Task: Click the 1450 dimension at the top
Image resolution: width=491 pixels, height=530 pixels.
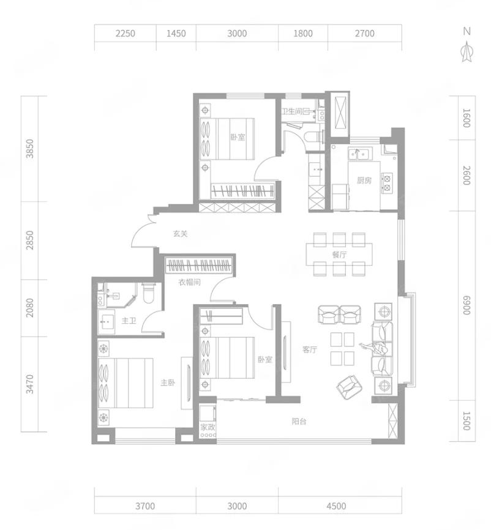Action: pos(176,34)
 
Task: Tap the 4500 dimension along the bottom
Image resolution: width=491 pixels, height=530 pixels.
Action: pos(337,506)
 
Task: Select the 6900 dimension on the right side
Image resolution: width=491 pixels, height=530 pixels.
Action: pos(467,305)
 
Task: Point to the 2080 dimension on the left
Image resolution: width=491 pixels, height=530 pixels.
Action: pos(30,308)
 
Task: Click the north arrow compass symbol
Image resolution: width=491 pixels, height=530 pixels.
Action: pos(467,51)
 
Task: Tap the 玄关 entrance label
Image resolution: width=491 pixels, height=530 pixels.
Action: pos(180,234)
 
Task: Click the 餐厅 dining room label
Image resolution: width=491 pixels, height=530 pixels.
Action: pos(339,255)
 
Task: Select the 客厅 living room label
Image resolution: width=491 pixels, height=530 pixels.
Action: pos(310,350)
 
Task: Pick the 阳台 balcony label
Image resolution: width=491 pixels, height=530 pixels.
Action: pos(299,422)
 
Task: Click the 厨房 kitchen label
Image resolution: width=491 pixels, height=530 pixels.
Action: pos(364,181)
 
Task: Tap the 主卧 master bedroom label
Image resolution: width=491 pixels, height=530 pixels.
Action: pos(168,383)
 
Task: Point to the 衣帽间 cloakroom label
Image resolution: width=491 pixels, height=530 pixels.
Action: pos(190,282)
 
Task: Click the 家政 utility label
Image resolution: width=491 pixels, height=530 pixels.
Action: pos(208,427)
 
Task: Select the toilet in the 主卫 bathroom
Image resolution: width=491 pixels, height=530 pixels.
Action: pos(148,293)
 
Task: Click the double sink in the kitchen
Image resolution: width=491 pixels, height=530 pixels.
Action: pos(360,154)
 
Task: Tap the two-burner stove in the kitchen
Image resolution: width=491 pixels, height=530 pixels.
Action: pos(387,183)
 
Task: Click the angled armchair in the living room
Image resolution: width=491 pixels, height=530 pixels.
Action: pos(350,387)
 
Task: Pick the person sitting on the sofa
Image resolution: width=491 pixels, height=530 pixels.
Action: pos(374,348)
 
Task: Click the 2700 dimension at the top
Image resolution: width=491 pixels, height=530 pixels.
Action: pos(364,34)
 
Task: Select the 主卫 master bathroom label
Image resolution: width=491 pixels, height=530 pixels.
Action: pos(129,321)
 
